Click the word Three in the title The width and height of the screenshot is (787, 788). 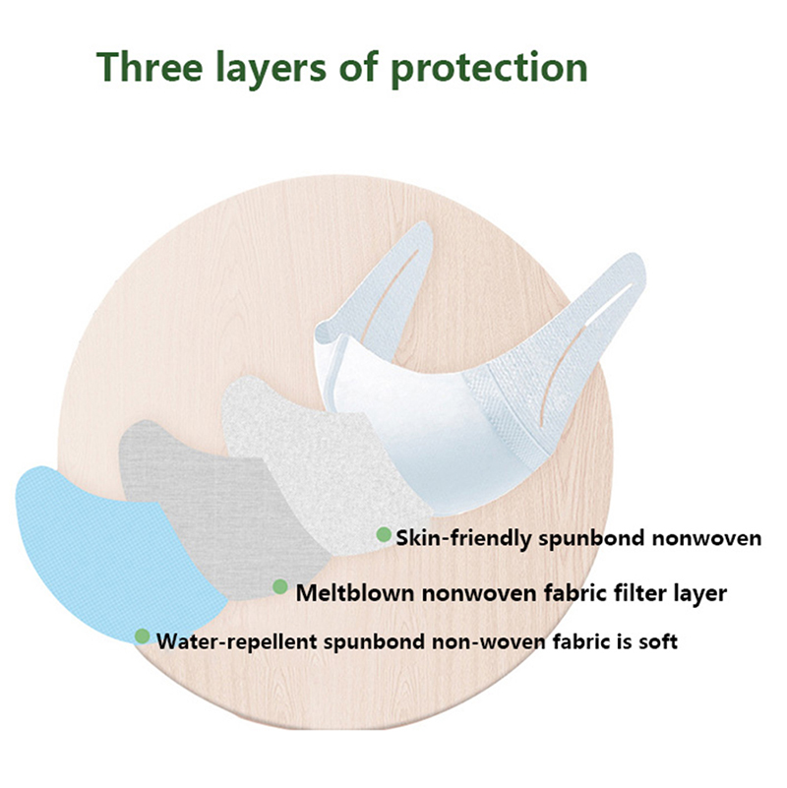click(x=150, y=67)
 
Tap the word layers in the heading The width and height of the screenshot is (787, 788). click(x=271, y=69)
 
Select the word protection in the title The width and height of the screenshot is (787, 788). click(x=489, y=69)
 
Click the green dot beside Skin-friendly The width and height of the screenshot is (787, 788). click(x=384, y=534)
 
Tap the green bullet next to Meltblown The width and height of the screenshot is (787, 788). click(x=280, y=586)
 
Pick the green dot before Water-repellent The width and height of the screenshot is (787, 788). click(x=143, y=636)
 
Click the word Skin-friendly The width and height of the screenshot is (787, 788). click(x=463, y=538)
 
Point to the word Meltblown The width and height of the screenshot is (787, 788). click(x=355, y=593)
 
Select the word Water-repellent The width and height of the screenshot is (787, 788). click(x=237, y=641)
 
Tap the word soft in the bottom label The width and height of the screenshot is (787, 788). click(x=658, y=641)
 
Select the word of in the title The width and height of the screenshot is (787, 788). click(x=358, y=66)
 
